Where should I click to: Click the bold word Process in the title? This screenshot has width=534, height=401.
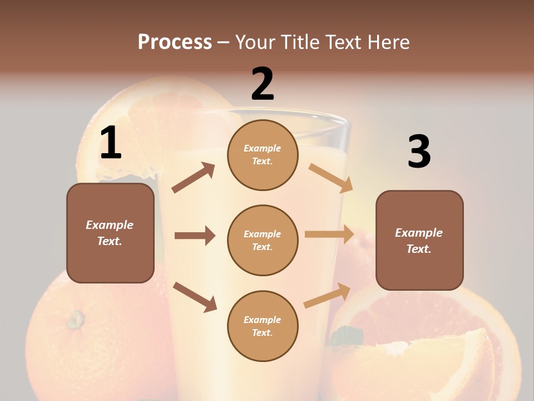(x=175, y=42)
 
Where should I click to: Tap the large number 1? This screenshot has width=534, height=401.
(x=111, y=143)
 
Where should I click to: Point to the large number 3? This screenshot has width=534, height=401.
(x=419, y=151)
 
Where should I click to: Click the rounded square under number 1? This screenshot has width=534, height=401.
(x=110, y=233)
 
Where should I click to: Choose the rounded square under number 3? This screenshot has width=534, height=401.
(x=419, y=240)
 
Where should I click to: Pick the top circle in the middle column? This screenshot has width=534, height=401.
(x=263, y=155)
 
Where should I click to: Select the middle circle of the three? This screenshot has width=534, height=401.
(x=263, y=240)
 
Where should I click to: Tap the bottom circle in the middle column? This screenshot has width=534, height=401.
(x=263, y=326)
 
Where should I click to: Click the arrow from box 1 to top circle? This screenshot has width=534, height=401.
(x=193, y=178)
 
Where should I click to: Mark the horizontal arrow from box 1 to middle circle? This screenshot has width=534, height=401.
(x=194, y=236)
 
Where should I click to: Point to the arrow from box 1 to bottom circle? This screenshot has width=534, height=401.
(x=195, y=297)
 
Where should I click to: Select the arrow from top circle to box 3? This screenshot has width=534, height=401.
(x=330, y=178)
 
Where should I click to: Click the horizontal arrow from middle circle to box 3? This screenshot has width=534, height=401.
(x=329, y=234)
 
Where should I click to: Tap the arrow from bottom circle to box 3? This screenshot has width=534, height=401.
(x=327, y=296)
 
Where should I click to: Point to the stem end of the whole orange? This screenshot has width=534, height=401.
(x=75, y=319)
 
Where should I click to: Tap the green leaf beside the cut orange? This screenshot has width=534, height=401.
(x=347, y=336)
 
